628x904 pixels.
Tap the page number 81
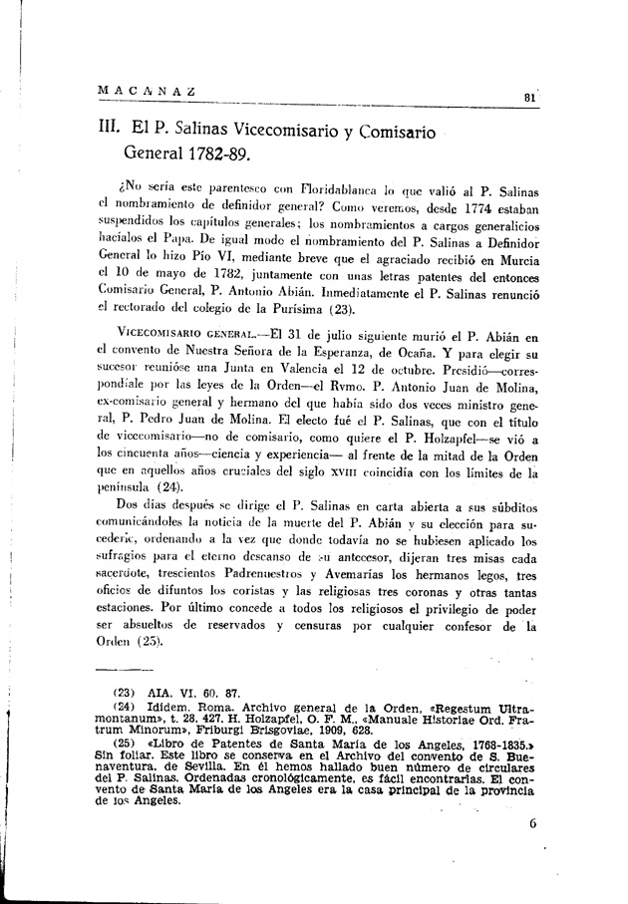529,97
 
